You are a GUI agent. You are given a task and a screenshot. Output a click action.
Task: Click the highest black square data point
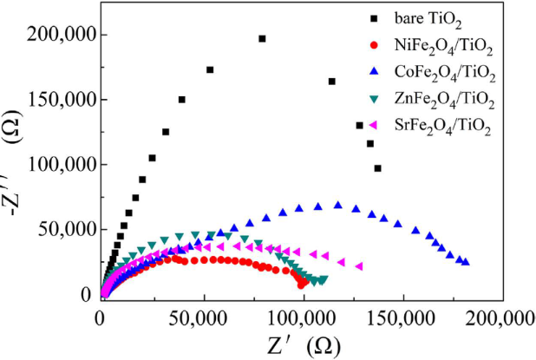pos(262,38)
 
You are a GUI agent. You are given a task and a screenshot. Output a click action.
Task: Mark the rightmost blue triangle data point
pos(467,262)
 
